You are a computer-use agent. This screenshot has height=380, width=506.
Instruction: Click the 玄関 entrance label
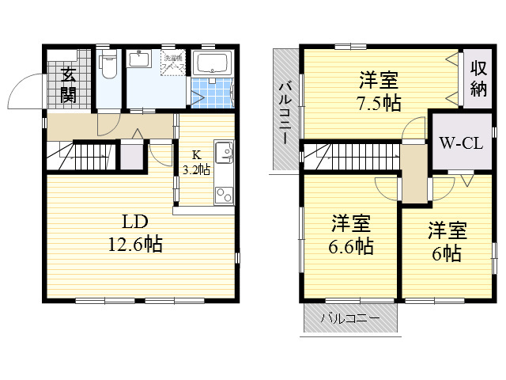click(x=69, y=86)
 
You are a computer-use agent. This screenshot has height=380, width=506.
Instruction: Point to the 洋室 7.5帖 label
click(x=379, y=90)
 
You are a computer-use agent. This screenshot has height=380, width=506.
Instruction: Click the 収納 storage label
click(x=479, y=78)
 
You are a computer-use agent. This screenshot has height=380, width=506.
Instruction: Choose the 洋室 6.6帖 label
click(x=351, y=234)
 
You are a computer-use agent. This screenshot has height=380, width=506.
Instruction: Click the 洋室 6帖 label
click(x=447, y=241)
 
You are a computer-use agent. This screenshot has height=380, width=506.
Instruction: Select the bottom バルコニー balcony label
click(x=349, y=320)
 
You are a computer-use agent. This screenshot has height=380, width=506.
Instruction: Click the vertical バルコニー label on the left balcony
click(x=285, y=110)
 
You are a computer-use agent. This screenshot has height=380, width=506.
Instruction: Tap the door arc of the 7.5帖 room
click(x=413, y=131)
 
